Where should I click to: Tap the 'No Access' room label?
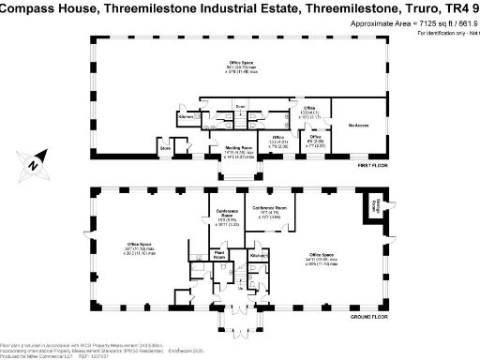tap(356, 125)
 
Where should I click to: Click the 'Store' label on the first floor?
tap(165, 147)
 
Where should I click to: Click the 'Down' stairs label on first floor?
tap(241, 106)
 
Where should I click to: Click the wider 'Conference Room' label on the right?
tap(269, 208)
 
